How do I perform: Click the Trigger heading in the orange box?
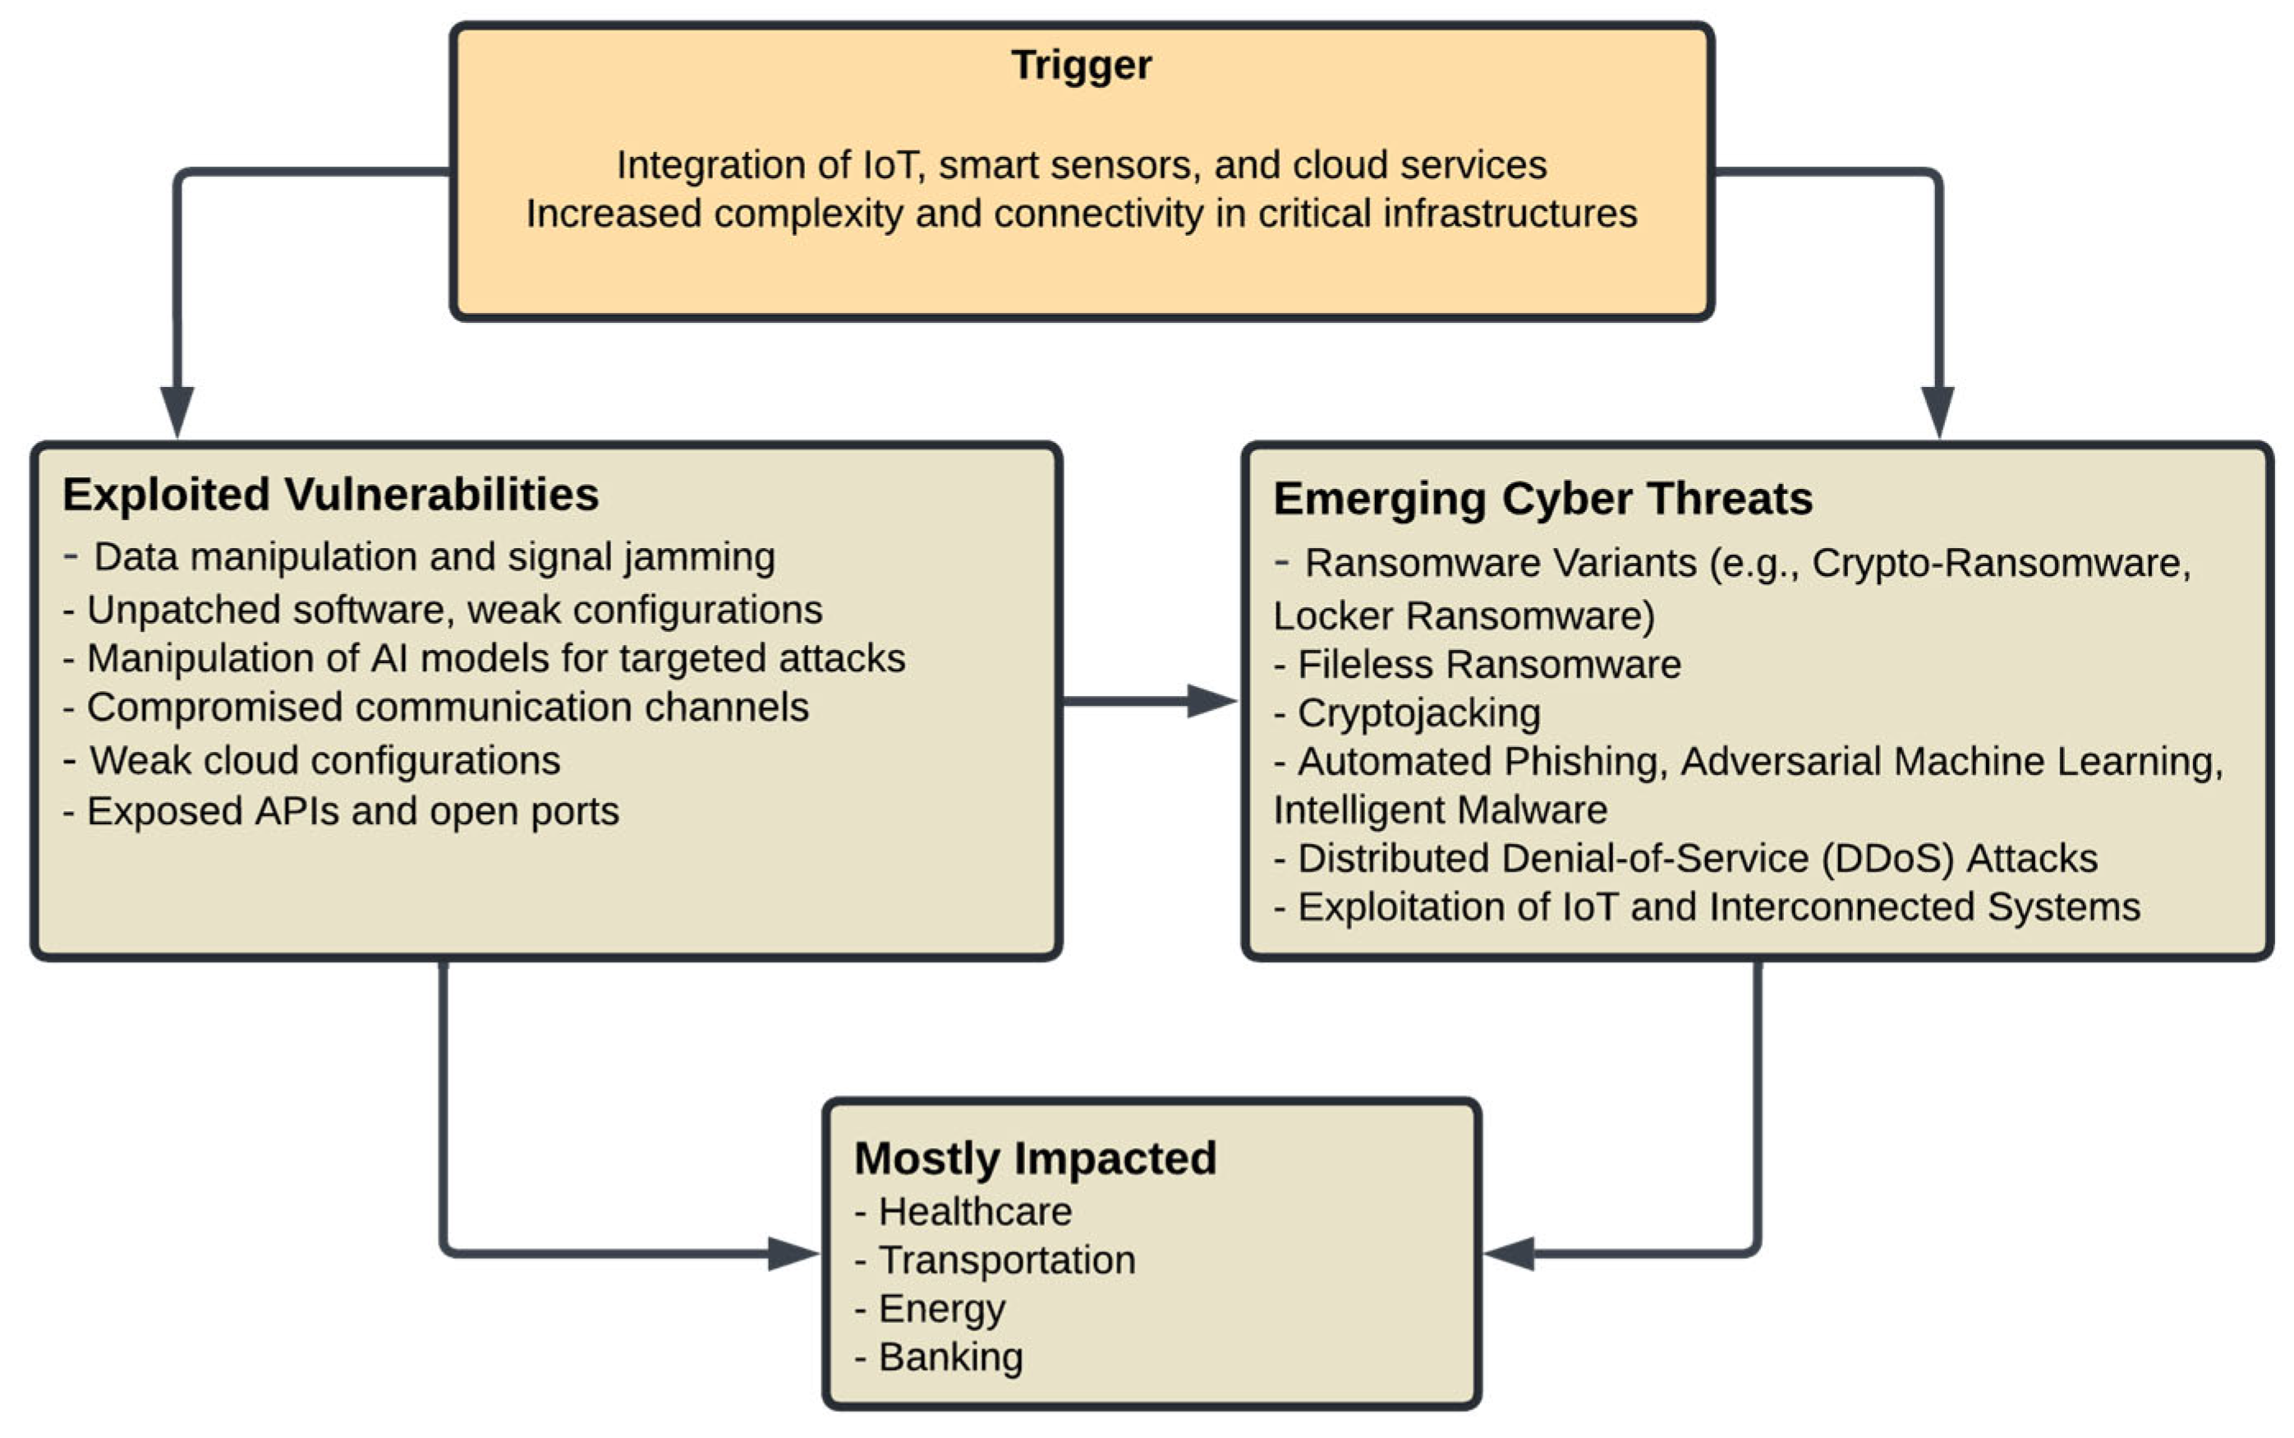click(1081, 65)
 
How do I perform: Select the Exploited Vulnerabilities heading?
click(330, 495)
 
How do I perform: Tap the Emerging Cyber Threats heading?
click(1542, 498)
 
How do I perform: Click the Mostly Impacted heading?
click(1034, 1158)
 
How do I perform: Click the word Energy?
click(941, 1309)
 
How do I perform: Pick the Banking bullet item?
click(949, 1357)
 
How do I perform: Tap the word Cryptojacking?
click(1418, 712)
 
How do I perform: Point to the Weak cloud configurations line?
click(324, 760)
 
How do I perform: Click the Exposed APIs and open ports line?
click(352, 811)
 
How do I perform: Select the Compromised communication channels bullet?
click(447, 707)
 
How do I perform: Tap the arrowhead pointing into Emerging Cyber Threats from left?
click(1211, 701)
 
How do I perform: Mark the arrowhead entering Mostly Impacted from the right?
click(1510, 1253)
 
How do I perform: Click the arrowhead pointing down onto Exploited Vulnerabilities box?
click(177, 411)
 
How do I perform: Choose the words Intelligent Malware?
click(1439, 810)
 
